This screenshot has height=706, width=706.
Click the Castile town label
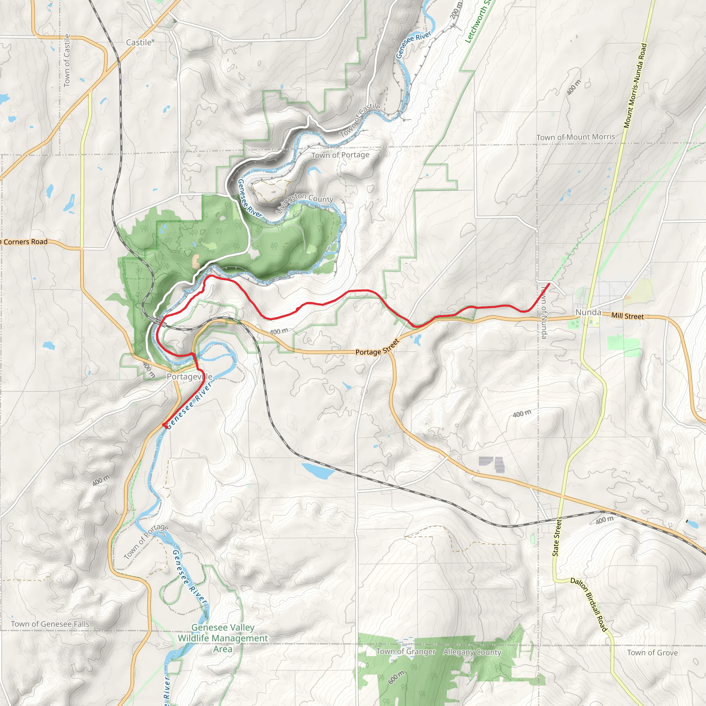[x=139, y=42]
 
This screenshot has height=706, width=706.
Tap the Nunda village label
[x=588, y=312]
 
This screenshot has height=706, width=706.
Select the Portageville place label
[x=189, y=376]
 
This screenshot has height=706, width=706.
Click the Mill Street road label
[x=627, y=316]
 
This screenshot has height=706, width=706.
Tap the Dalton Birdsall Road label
[x=589, y=605]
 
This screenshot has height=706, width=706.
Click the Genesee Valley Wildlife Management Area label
[x=223, y=638]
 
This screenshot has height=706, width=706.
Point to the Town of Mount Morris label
[x=576, y=137]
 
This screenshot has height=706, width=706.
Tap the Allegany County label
[x=472, y=652]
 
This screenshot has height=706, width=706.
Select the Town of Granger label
[x=406, y=652]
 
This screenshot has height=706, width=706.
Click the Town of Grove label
[x=652, y=653]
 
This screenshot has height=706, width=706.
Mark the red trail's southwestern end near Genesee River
[x=163, y=425]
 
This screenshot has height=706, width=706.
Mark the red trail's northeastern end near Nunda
[x=549, y=284]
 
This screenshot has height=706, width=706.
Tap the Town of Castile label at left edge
[x=67, y=61]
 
